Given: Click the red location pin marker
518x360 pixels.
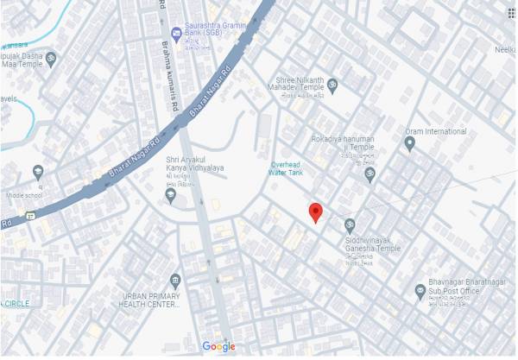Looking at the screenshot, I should point(316,212).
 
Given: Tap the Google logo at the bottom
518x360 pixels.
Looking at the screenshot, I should point(218,346).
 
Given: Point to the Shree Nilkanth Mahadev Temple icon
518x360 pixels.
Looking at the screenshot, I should point(332,85).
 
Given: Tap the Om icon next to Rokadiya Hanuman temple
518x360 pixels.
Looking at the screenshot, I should point(370,174).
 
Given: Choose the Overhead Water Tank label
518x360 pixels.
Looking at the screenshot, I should point(287,168).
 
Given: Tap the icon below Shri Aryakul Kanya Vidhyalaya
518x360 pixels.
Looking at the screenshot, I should point(170,195).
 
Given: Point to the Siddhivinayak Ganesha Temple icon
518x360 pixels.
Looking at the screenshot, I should point(350,225).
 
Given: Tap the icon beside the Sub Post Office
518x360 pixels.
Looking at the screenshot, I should point(420,290).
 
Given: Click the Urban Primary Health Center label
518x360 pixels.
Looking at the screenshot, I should point(151,299).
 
